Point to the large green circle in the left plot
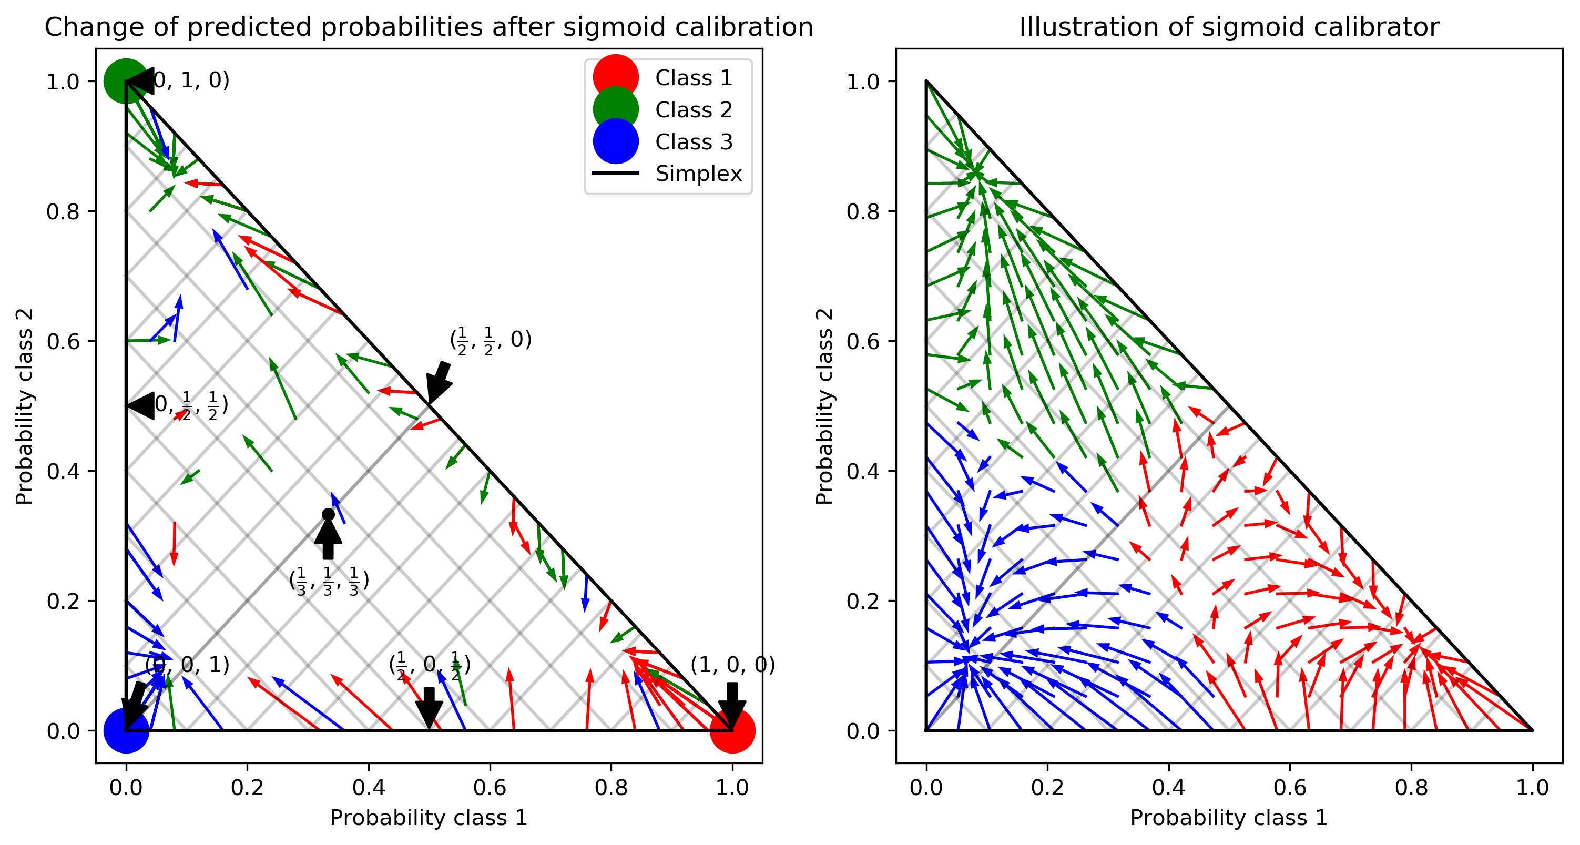[x=126, y=81]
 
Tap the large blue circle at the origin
[x=126, y=730]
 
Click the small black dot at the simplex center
[x=328, y=514]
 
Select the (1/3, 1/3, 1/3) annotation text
[x=329, y=581]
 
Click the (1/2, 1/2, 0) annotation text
[x=491, y=340]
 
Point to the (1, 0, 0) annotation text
[x=732, y=665]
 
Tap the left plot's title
[x=429, y=27]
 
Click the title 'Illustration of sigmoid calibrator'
[x=1229, y=27]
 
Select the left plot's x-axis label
[x=429, y=818]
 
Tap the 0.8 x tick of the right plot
[x=1411, y=787]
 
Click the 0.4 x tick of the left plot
[x=369, y=787]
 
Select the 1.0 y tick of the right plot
[x=863, y=81]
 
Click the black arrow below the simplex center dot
[x=328, y=539]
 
